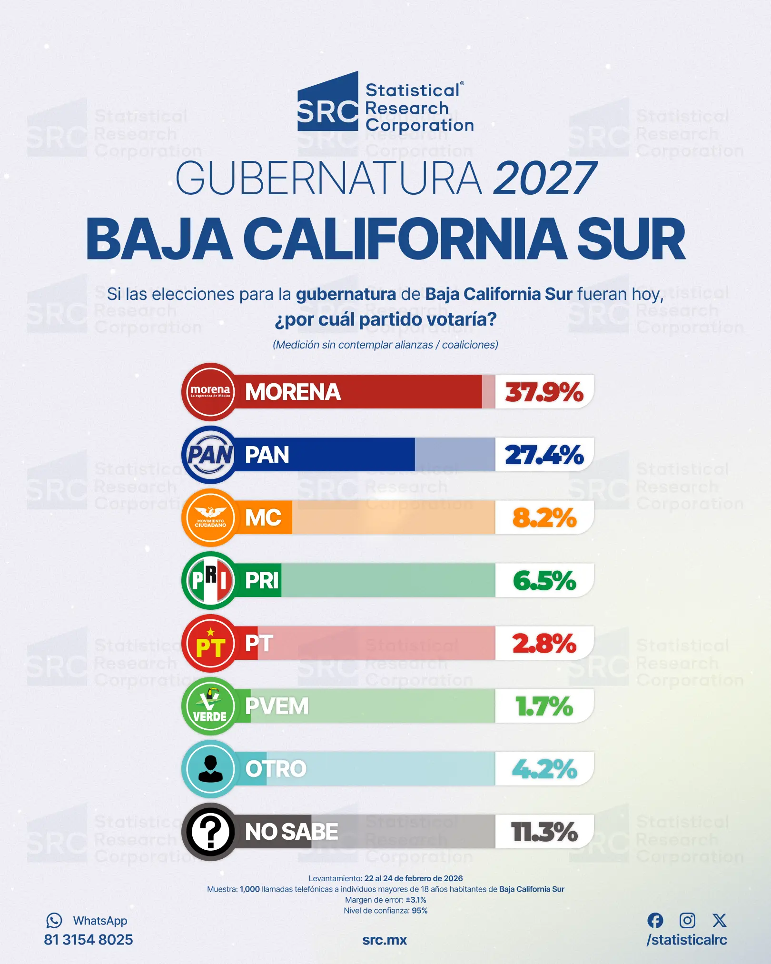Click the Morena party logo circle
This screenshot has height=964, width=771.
pos(210,392)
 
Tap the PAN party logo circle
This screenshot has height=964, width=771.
pos(210,455)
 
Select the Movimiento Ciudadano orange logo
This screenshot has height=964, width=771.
pos(210,517)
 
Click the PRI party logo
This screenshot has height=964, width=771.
pos(210,580)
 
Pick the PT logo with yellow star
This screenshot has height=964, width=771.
pos(210,643)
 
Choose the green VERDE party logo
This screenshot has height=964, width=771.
pos(210,706)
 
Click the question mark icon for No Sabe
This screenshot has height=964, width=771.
pos(210,832)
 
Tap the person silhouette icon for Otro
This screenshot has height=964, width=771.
pos(210,769)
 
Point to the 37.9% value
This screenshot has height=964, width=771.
pos(544,392)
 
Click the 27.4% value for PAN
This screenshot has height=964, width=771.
pos(544,455)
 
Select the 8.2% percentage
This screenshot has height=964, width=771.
pos(544,518)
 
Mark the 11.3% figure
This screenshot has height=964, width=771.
pos(544,832)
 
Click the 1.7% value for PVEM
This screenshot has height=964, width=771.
pos(544,706)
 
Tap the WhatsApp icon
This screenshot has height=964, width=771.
pos(54,921)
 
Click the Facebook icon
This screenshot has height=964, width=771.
pos(655,920)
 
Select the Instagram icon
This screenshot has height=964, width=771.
pos(687,920)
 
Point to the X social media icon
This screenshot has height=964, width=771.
pos(720,920)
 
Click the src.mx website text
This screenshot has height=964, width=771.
pos(385,940)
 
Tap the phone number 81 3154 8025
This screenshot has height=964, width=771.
pos(89,940)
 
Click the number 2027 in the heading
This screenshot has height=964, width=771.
pos(544,179)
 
